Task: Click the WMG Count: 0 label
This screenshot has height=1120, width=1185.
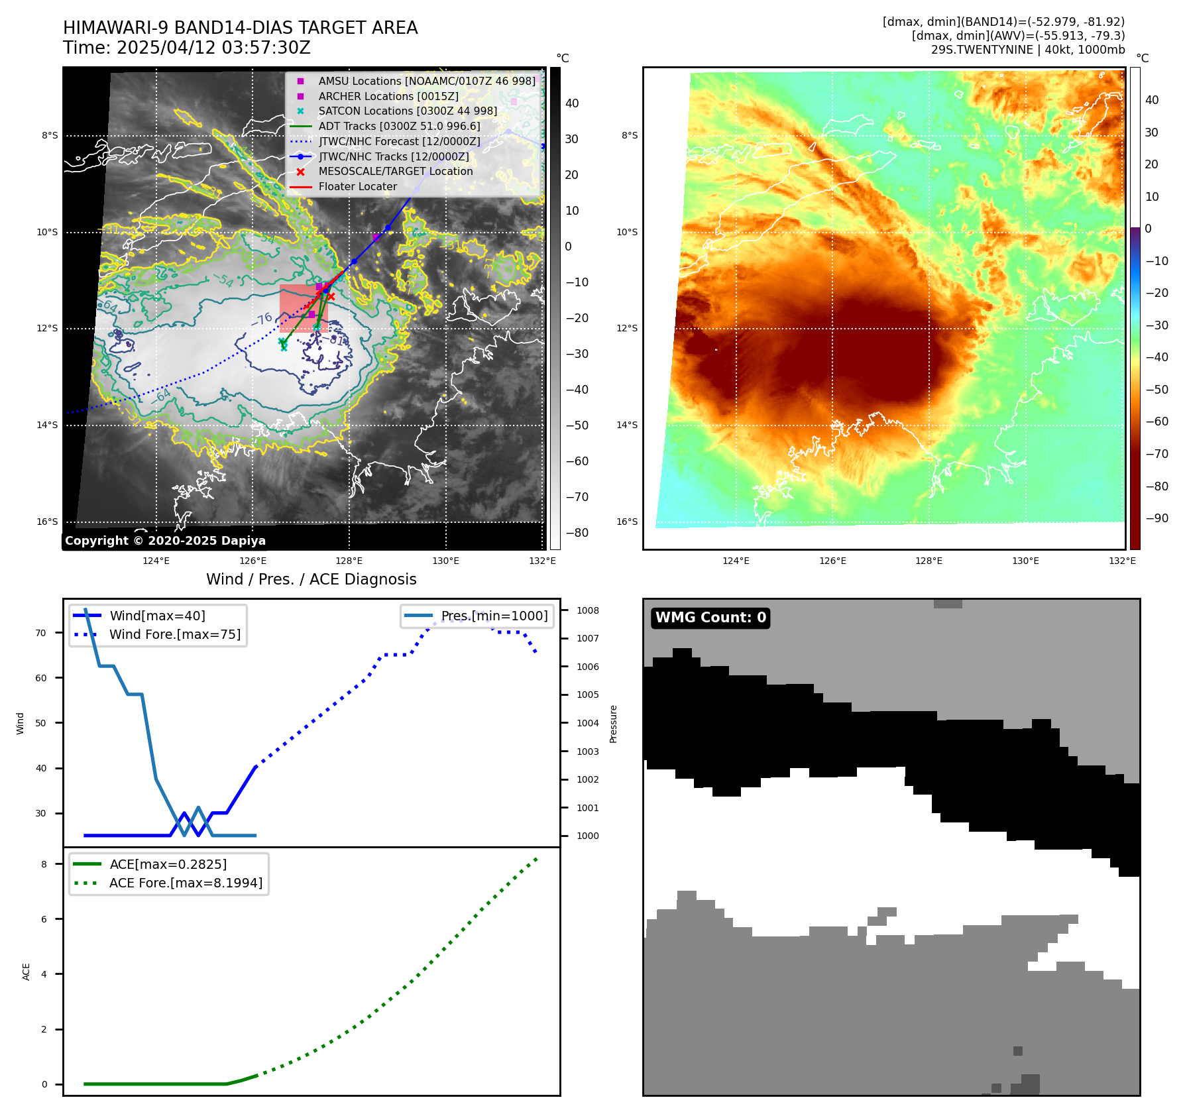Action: [x=710, y=618]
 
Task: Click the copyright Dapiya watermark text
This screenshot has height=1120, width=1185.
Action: [x=165, y=541]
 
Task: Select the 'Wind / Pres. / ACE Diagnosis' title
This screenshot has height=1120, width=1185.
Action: [x=311, y=579]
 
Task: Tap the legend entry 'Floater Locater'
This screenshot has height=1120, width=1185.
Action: [x=357, y=187]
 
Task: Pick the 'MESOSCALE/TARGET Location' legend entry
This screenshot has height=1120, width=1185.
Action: [x=395, y=172]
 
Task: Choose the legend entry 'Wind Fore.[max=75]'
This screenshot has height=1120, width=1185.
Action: [x=175, y=634]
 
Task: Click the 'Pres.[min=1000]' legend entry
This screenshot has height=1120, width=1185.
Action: [x=494, y=616]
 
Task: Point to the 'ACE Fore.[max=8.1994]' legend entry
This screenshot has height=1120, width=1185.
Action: [x=186, y=883]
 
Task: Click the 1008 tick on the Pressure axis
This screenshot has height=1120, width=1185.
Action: [x=587, y=610]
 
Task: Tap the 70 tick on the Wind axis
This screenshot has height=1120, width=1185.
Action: [x=41, y=633]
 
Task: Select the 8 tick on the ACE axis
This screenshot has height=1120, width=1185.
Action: [x=44, y=864]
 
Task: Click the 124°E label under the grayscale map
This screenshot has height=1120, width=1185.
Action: [x=156, y=561]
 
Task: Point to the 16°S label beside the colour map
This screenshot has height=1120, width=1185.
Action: [x=627, y=522]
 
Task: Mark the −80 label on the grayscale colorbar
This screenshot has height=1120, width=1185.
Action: [x=577, y=533]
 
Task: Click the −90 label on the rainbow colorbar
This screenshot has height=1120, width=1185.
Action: [x=1157, y=518]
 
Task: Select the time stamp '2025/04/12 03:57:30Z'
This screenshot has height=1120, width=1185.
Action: [x=213, y=48]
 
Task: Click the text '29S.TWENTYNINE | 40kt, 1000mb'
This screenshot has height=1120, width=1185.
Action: [x=1027, y=50]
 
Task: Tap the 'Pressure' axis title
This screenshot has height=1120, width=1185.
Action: [x=613, y=724]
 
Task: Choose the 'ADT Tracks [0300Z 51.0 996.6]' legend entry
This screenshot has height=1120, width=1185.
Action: [x=399, y=127]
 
